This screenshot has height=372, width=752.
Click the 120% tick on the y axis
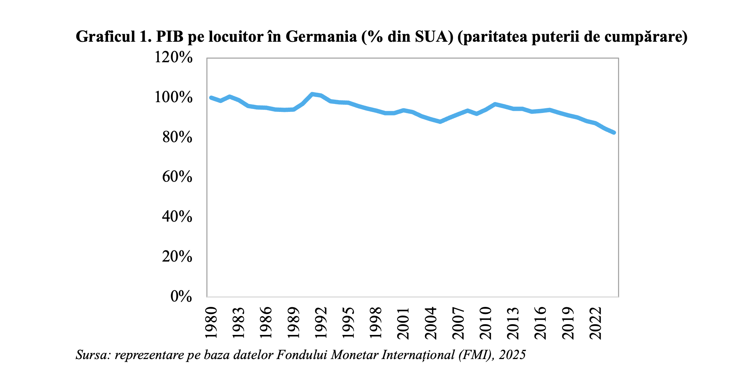[x=174, y=58]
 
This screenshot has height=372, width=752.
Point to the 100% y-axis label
[x=174, y=97]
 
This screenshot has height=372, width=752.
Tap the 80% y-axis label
[x=177, y=137]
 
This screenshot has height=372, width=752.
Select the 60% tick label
[x=177, y=177]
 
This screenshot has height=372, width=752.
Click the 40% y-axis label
[x=177, y=217]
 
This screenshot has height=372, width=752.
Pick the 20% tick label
[x=177, y=257]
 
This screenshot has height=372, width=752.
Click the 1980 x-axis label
[x=211, y=323]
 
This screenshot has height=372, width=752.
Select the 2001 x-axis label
[x=404, y=323]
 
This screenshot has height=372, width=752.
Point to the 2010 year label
[x=486, y=323]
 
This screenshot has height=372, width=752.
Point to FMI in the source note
[x=478, y=355]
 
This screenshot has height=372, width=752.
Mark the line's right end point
[x=614, y=133]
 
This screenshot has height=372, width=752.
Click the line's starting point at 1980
[x=211, y=97]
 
